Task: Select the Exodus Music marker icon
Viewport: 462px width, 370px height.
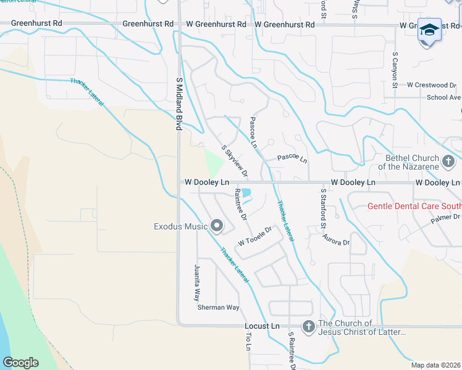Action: pos(216,226)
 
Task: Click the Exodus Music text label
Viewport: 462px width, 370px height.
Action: pos(180,226)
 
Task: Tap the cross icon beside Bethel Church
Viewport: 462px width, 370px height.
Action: pos(449,162)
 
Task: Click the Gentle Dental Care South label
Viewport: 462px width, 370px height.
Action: pos(414,206)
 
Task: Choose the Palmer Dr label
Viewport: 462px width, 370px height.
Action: pos(447,217)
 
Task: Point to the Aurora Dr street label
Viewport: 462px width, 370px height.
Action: pos(337,242)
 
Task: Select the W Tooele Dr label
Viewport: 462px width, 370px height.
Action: pos(255,236)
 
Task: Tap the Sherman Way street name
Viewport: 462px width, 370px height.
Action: pos(218,307)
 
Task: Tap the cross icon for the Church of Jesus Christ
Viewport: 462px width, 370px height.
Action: pos(308,326)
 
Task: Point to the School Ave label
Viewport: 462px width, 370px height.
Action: pos(443,97)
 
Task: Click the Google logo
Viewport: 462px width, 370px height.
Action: pos(20,363)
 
